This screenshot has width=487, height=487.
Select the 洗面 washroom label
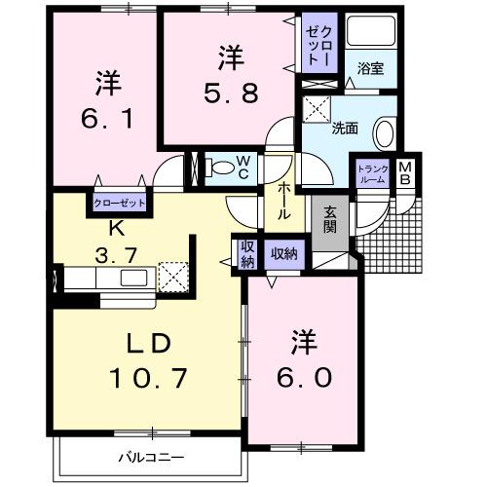(344, 127)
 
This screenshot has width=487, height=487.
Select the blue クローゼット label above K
(120, 204)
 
